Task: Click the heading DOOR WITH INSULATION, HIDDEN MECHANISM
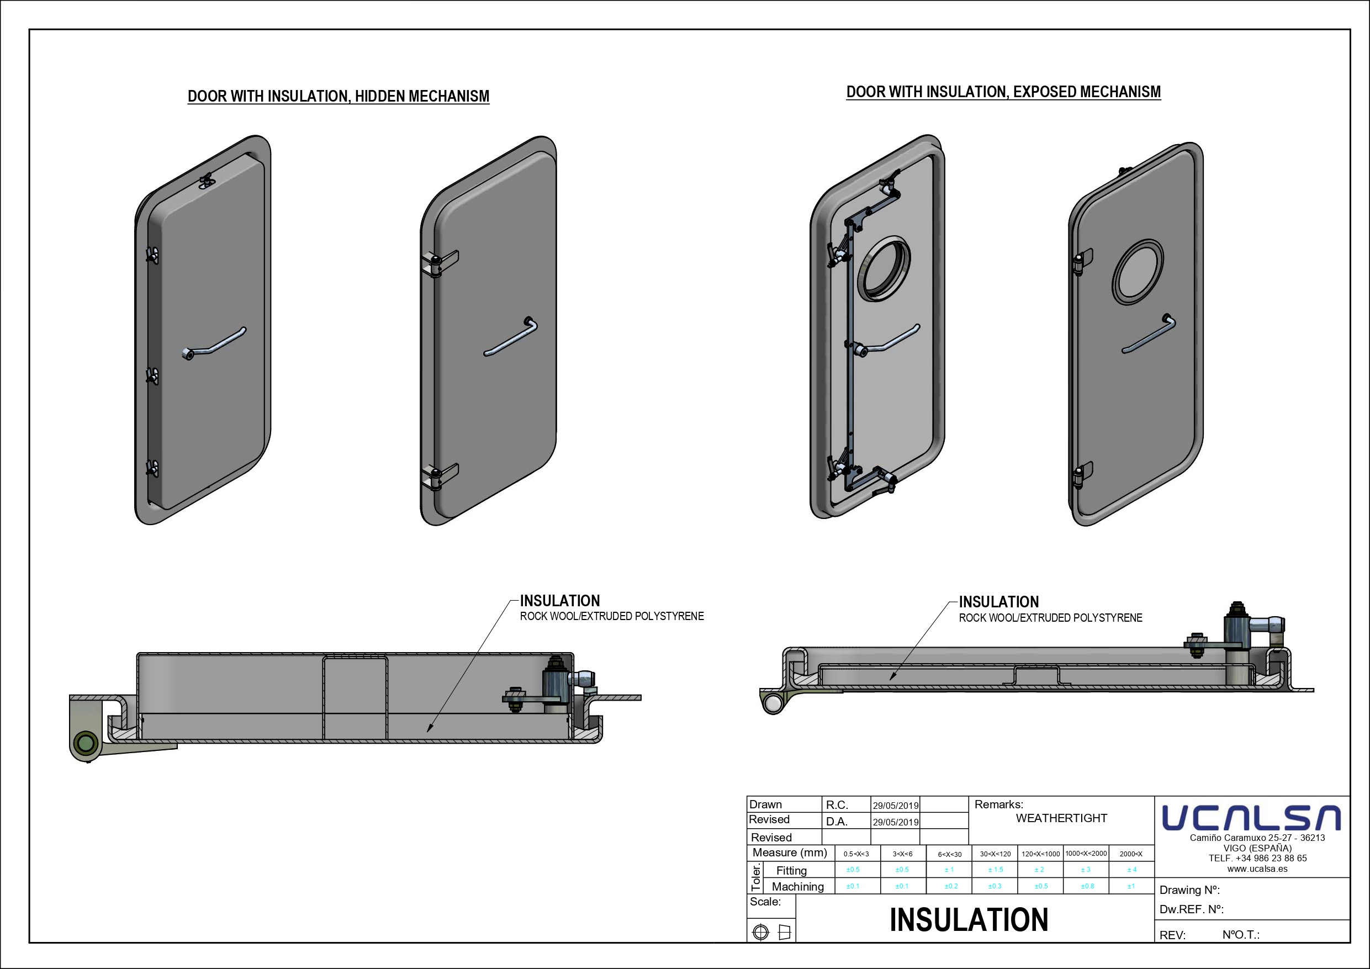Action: [x=338, y=96]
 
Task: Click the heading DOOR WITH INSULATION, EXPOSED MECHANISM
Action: [x=1004, y=92]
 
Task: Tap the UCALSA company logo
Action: [x=1251, y=818]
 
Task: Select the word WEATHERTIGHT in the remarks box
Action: [x=1061, y=818]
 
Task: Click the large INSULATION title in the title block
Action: [x=969, y=919]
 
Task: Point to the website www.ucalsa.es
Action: [x=1257, y=869]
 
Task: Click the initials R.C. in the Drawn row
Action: [x=837, y=805]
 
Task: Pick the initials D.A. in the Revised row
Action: [x=837, y=822]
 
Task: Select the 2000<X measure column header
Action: [x=1131, y=854]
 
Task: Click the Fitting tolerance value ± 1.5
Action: [x=995, y=870]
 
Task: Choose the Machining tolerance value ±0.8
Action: [x=1087, y=886]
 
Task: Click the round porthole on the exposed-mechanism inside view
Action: [x=884, y=268]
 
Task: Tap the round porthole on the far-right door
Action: [x=1138, y=273]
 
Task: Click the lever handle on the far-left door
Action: [x=214, y=343]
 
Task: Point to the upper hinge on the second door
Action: [x=439, y=262]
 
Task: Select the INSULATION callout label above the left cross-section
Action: [x=560, y=601]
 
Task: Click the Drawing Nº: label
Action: [x=1189, y=890]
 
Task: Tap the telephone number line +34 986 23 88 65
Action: [x=1257, y=858]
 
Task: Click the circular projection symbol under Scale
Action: [x=761, y=932]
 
